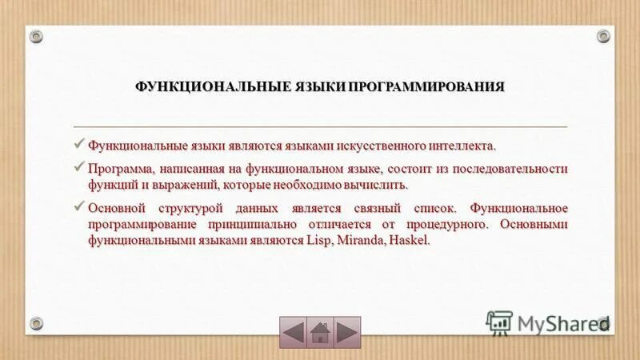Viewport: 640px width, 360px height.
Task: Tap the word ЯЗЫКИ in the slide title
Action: pos(315,86)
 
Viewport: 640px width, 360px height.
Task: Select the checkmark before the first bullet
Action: pos(78,145)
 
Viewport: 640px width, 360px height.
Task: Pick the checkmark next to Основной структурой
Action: pos(78,207)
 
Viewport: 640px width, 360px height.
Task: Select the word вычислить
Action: pos(381,185)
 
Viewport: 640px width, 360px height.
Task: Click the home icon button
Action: pos(320,331)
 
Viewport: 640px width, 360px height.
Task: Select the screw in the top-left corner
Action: pos(37,36)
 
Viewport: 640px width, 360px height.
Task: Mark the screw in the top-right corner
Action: pos(603,36)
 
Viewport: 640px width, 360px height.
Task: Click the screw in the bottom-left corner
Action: pos(37,323)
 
